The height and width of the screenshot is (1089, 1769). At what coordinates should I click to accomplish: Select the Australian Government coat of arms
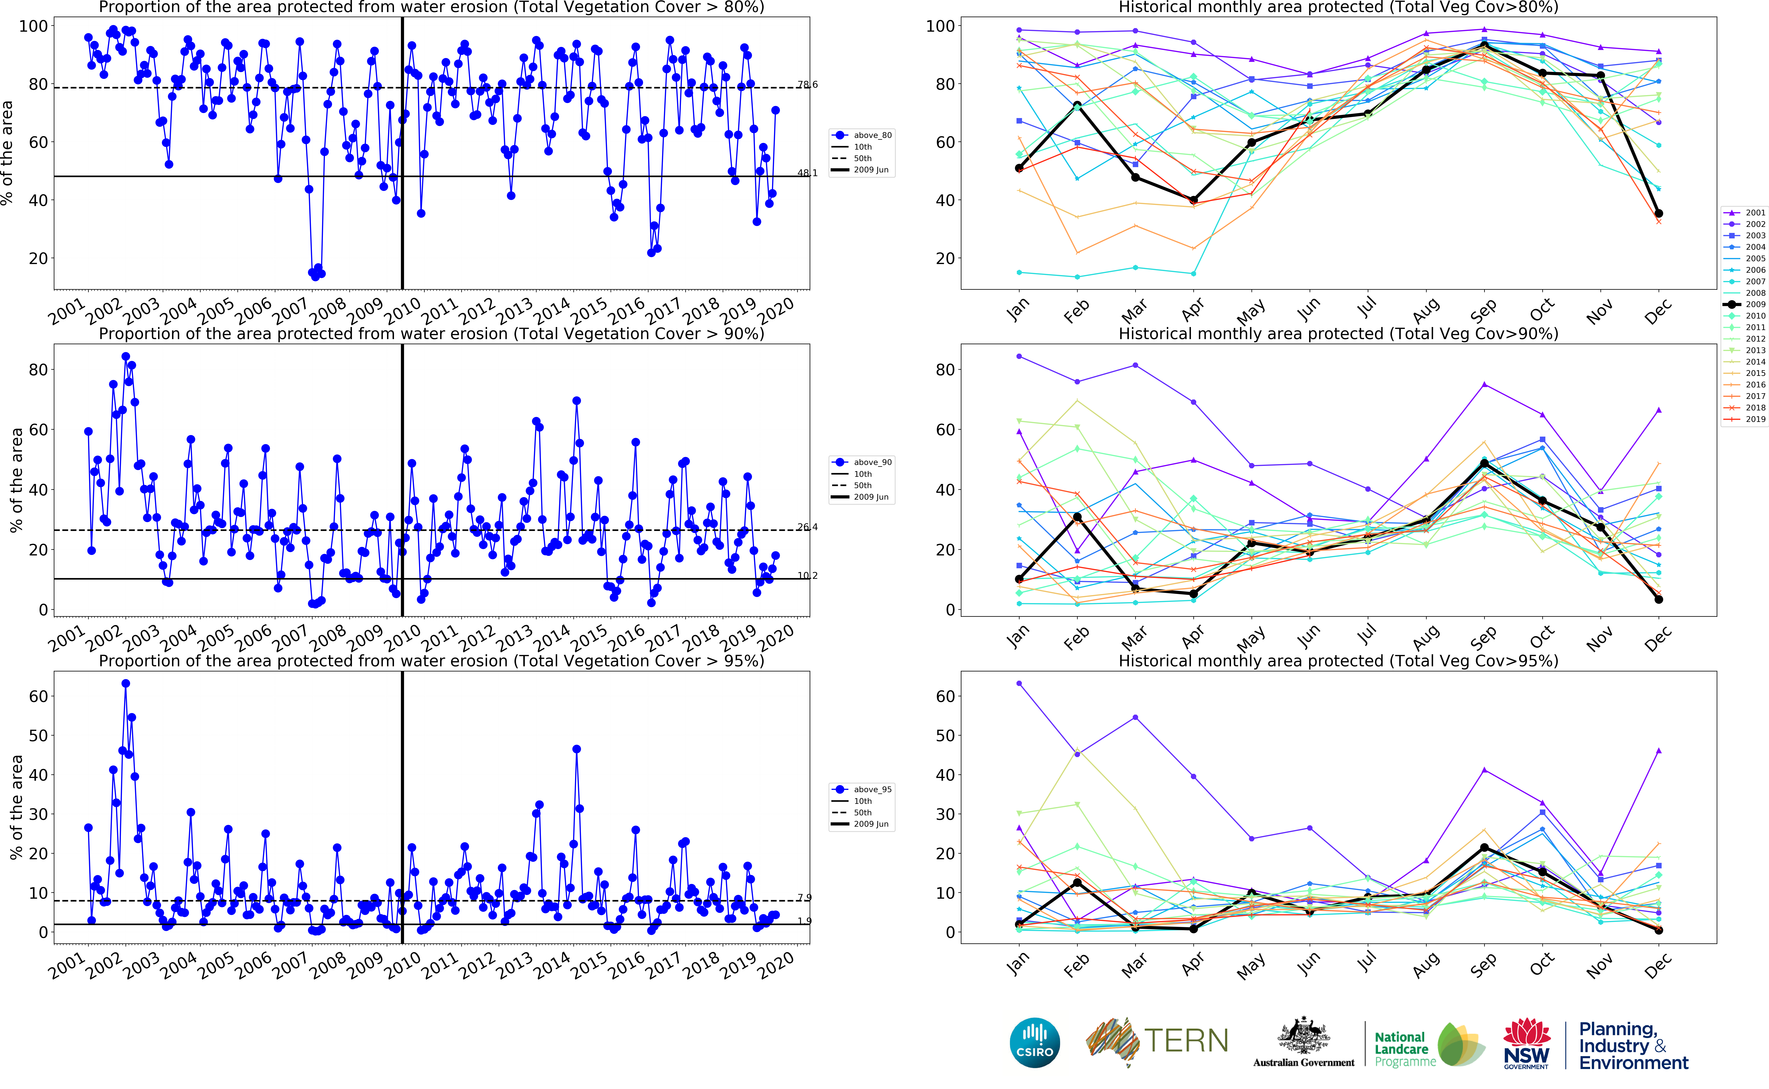point(1304,1037)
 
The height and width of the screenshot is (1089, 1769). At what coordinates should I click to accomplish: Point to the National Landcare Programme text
point(1402,1049)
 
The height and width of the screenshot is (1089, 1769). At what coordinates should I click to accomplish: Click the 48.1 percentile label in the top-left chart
point(807,173)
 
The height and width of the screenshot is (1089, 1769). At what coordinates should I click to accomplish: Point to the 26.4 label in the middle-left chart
point(807,527)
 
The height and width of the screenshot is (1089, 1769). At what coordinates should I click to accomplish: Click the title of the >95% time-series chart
point(431,661)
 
